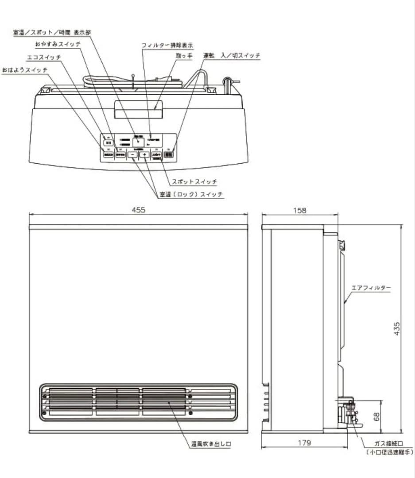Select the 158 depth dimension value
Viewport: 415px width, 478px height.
pos(300,211)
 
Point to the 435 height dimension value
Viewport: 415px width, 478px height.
pos(397,328)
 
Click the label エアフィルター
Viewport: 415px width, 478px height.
pos(371,288)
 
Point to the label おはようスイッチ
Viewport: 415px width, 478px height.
pos(24,69)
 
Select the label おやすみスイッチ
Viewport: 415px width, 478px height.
pos(58,45)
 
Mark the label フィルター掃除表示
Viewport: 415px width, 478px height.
pos(167,46)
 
